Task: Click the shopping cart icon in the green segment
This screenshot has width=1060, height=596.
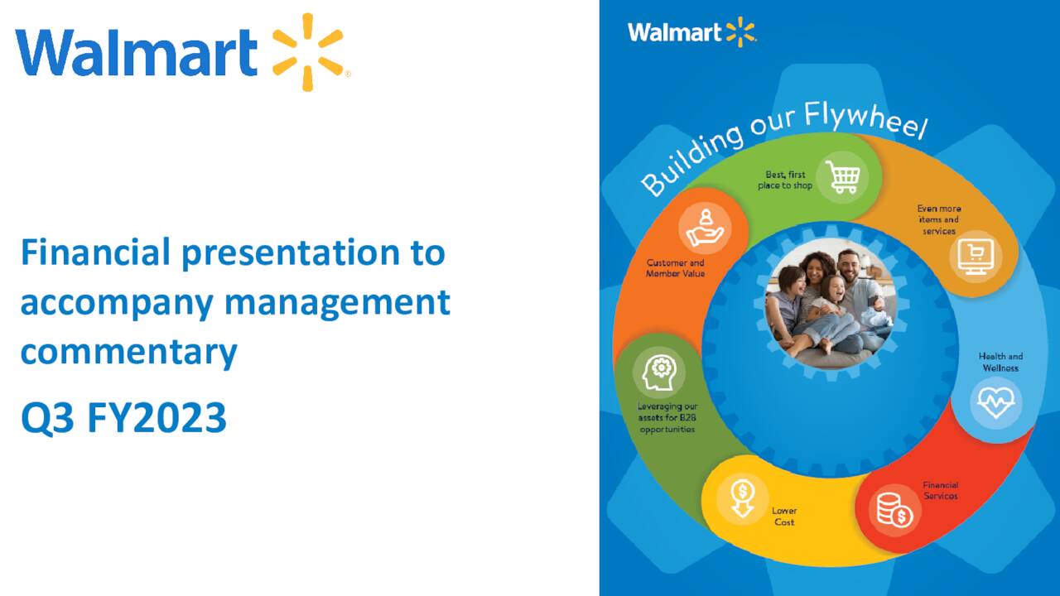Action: [842, 176]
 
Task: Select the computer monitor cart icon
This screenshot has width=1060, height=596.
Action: [976, 256]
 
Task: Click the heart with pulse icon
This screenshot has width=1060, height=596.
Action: [995, 402]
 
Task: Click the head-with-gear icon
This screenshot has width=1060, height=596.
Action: [659, 372]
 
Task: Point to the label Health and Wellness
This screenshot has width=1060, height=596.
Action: [1000, 362]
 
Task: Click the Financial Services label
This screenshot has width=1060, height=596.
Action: [941, 490]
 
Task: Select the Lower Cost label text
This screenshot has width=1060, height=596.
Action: [784, 517]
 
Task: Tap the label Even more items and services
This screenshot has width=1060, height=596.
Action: [939, 220]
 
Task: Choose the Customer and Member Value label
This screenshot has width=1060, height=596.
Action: [675, 268]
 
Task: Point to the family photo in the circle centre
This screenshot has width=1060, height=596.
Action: [831, 305]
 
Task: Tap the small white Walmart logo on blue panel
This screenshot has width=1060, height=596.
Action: [691, 33]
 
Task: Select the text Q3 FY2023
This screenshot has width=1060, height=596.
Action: [123, 419]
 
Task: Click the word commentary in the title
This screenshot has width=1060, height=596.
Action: [128, 353]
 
